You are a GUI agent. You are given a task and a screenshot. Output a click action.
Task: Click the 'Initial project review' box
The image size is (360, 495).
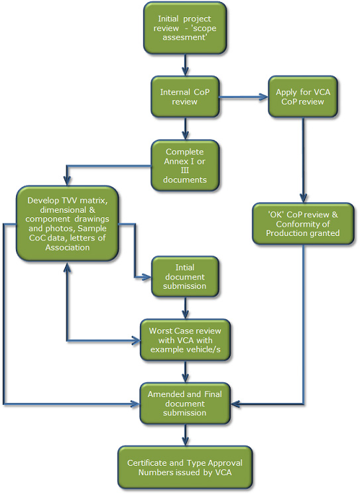[185, 28]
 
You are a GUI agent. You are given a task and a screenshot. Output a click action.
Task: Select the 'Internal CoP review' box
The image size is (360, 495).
[185, 97]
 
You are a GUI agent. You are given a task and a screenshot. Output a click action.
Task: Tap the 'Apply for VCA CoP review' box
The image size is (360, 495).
[303, 97]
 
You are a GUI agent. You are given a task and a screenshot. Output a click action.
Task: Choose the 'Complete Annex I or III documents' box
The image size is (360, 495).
[185, 166]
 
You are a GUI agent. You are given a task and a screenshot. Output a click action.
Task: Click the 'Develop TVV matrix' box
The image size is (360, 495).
[67, 223]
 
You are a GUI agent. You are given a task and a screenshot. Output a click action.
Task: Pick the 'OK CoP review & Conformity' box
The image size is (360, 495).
[303, 223]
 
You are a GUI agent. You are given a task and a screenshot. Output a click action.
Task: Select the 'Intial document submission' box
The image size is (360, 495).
[185, 276]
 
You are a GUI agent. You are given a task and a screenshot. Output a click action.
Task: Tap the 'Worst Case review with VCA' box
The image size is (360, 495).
[185, 340]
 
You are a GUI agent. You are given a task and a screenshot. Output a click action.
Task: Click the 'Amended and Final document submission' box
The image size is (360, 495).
[185, 403]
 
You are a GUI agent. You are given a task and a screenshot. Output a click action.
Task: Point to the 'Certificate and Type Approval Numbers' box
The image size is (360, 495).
[185, 468]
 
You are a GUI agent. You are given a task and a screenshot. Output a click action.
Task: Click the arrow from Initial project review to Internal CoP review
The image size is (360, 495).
[186, 65]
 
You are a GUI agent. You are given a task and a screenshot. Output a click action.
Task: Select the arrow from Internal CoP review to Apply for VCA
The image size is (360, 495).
[244, 97]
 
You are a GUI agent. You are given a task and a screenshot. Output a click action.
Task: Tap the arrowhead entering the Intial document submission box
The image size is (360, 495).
[147, 277]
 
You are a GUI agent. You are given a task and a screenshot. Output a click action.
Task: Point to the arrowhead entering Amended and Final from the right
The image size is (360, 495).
[235, 404]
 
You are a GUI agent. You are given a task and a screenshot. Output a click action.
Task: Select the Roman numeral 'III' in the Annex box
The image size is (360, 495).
[185, 170]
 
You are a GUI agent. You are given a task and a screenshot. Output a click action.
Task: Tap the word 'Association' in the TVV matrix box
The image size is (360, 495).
[67, 247]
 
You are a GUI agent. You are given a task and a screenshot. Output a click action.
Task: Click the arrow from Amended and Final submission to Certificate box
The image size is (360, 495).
[186, 435]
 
